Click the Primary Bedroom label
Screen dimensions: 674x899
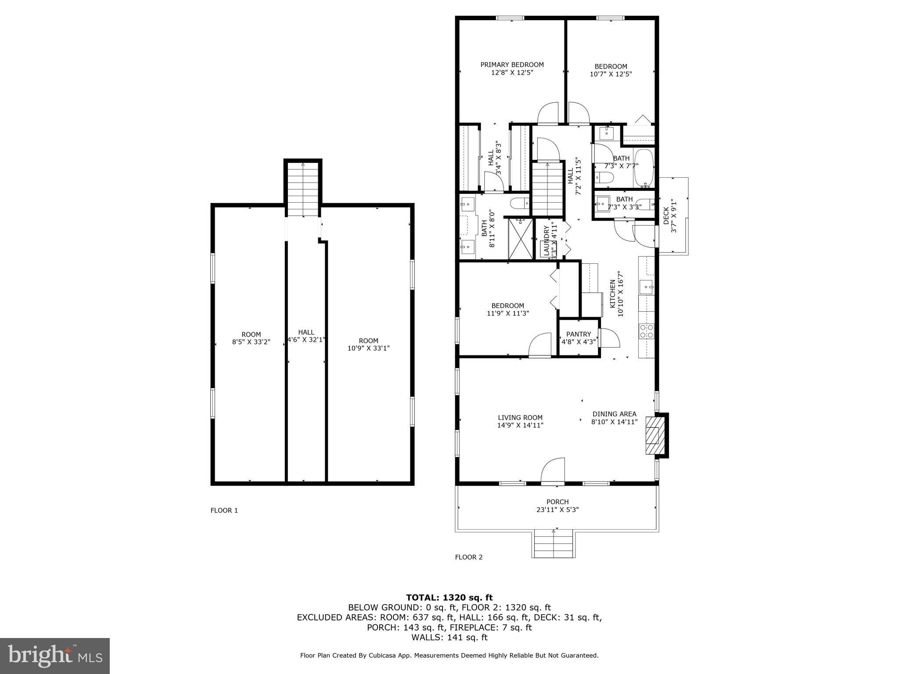point(512,65)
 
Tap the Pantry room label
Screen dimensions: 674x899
point(579,334)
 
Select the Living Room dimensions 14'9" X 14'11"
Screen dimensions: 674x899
point(520,425)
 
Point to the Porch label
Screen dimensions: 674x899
point(557,502)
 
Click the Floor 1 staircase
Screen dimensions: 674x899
point(303,189)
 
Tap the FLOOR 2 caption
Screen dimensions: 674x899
point(468,557)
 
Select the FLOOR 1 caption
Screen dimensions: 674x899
point(224,510)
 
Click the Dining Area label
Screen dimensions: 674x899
point(614,414)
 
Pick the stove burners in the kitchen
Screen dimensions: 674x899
point(646,331)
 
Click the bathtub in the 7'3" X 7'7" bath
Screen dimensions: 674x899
point(644,168)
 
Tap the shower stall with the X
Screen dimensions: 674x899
point(520,238)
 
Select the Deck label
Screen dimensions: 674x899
point(666,216)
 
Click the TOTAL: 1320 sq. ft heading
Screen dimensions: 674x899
point(449,597)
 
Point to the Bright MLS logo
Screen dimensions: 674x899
point(55,656)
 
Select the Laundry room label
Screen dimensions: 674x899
point(547,240)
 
